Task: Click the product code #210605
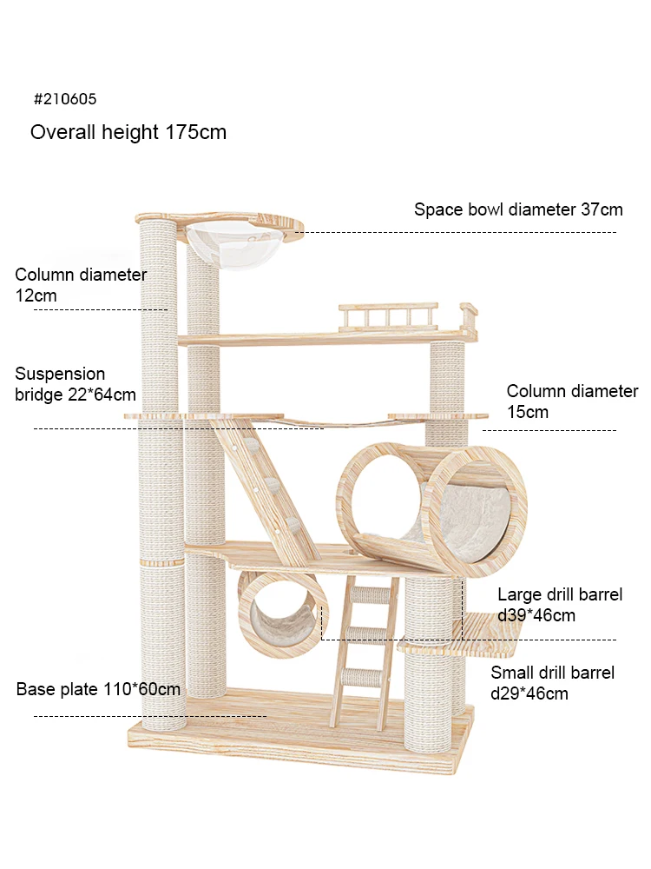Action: [x=65, y=99]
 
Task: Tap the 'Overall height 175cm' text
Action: [x=128, y=132]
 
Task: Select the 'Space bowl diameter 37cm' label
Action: [x=518, y=209]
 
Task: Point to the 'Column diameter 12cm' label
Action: [x=81, y=285]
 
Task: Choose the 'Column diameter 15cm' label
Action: [x=572, y=401]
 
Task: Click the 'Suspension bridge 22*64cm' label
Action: [x=76, y=384]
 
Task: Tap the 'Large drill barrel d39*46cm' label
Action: [x=560, y=605]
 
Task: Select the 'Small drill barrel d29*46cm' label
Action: [x=552, y=682]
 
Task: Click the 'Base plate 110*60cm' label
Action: [x=98, y=689]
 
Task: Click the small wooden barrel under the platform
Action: [x=282, y=614]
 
